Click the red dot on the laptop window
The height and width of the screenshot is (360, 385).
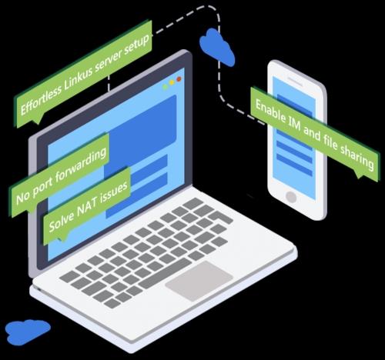point(179,79)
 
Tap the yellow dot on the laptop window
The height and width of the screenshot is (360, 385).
point(172,82)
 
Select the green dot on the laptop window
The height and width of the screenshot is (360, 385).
point(166,87)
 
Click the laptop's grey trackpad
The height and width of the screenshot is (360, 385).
point(199,281)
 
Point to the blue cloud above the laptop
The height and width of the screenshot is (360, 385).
point(217,48)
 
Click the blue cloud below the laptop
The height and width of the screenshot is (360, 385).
point(28,331)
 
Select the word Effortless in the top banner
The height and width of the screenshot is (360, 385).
point(41,100)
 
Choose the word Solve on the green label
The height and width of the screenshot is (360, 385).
point(61,220)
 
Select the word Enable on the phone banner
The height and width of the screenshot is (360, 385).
point(270,111)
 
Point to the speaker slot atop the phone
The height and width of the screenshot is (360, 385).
point(295,81)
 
